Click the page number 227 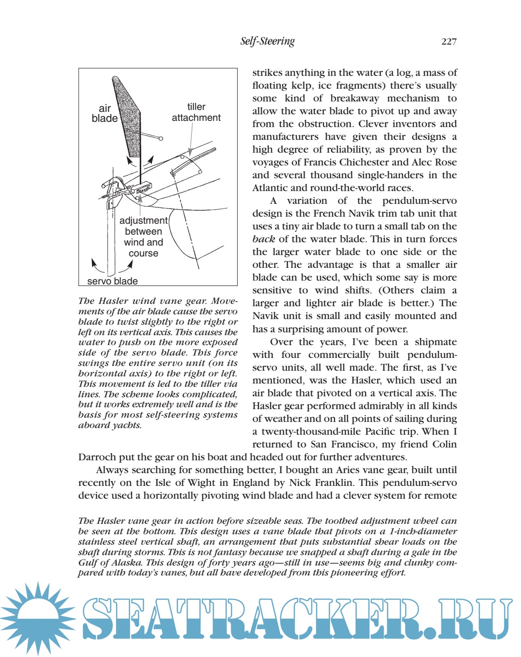449,42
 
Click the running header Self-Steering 267,41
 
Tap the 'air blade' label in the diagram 105,113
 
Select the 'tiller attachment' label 196,112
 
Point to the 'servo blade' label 112,281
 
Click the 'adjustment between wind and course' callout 144,237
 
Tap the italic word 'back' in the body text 263,239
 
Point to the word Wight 213,483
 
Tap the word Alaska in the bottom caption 126,563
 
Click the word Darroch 97,457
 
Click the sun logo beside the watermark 37,618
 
